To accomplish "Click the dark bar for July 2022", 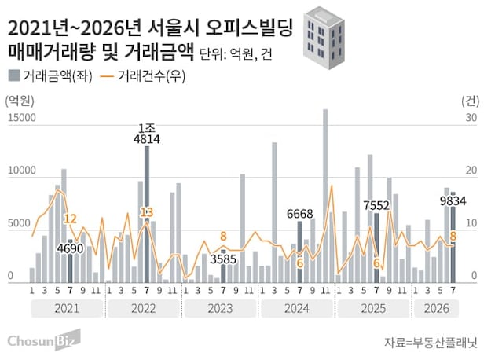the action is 147,215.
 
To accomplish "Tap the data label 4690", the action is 70,248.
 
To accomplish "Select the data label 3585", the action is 223,259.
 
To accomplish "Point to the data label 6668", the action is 299,214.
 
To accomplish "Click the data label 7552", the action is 376,205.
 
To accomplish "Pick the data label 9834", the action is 453,201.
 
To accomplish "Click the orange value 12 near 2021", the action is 70,219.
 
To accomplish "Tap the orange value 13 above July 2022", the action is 147,212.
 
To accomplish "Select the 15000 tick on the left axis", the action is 22,118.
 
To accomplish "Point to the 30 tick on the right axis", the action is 471,118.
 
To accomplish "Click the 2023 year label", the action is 220,308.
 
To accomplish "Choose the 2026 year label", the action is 437,308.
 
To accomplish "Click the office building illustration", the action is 324,38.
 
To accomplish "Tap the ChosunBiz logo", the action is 44,340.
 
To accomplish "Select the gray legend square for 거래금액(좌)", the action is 14,75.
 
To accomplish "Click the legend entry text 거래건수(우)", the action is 151,76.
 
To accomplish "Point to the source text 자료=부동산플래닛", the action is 431,343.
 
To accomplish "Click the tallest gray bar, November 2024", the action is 325,196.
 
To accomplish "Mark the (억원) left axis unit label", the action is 20,101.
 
